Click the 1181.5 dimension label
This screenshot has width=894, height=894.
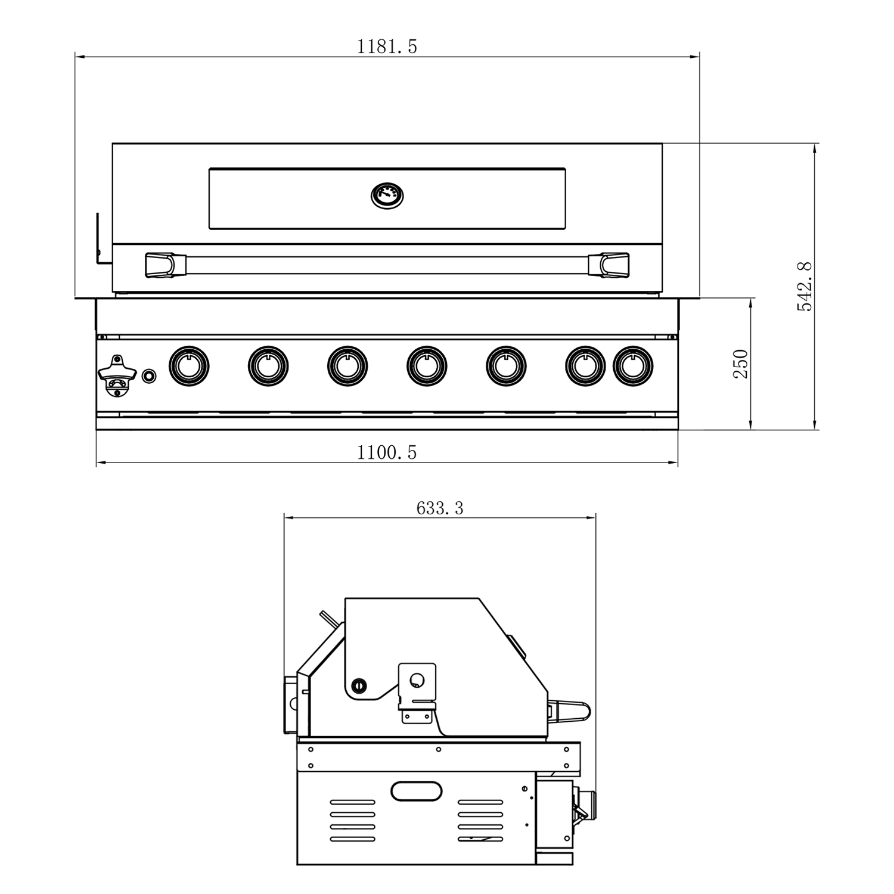pyautogui.click(x=387, y=46)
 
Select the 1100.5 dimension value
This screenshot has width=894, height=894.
pyautogui.click(x=387, y=453)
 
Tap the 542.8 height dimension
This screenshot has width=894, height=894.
pyautogui.click(x=805, y=286)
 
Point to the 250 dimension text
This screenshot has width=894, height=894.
pyautogui.click(x=741, y=364)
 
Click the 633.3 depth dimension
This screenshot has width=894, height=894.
pyautogui.click(x=439, y=508)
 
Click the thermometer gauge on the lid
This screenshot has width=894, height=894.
pyautogui.click(x=387, y=195)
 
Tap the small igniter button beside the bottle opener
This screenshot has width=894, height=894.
pyautogui.click(x=149, y=376)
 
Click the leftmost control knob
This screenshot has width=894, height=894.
pyautogui.click(x=189, y=365)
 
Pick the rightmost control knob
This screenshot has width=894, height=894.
pyautogui.click(x=633, y=365)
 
